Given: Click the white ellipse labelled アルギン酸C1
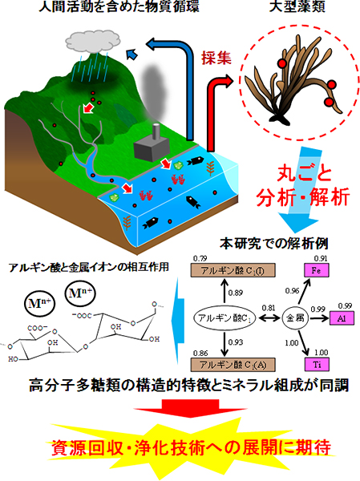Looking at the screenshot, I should click(x=223, y=317).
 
